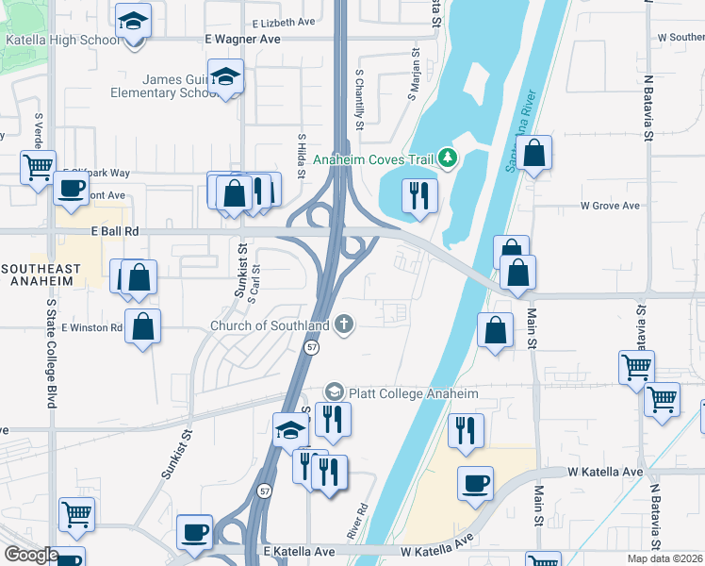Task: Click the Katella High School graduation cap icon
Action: (x=134, y=20)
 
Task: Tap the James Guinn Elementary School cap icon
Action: (x=226, y=75)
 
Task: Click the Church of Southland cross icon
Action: (x=345, y=325)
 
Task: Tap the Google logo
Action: (x=31, y=555)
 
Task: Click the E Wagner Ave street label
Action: (x=243, y=40)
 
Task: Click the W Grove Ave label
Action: (x=610, y=205)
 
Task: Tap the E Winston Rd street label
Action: (x=91, y=327)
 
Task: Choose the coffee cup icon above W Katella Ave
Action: (x=475, y=483)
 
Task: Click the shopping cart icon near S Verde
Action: (x=38, y=167)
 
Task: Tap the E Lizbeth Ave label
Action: (x=284, y=22)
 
